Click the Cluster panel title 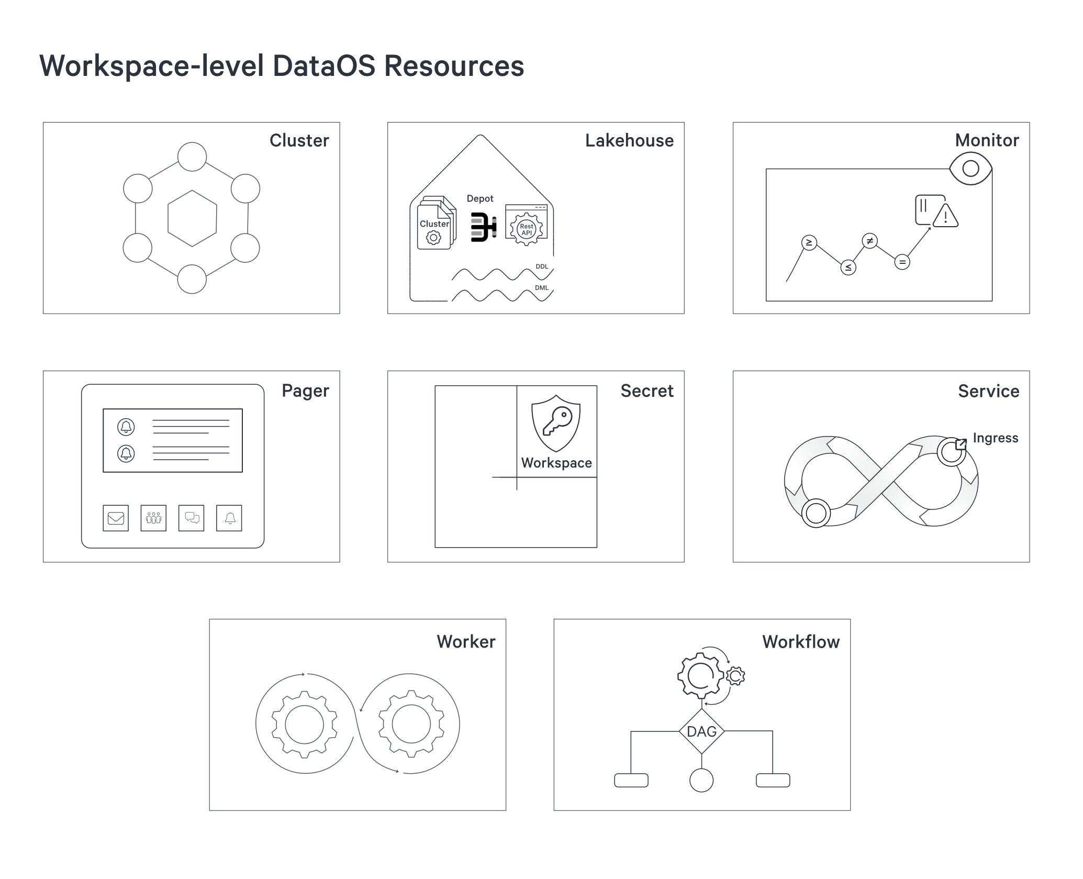coord(299,140)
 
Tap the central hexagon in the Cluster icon coord(192,218)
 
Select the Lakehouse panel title coord(629,140)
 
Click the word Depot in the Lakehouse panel coord(479,198)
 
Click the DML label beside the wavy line coord(542,287)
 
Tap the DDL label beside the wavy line coord(542,266)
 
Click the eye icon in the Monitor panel coord(970,169)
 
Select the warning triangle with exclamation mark coord(945,216)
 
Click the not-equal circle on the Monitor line coord(869,241)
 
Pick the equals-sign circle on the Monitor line coord(902,262)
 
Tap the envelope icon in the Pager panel coord(116,518)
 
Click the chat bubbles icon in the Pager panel coord(192,518)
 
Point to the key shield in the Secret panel coord(556,423)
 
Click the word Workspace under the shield coord(556,463)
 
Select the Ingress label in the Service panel coord(995,438)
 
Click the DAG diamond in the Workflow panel coord(701,731)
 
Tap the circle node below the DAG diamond coord(701,780)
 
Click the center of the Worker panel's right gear coord(411,724)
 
